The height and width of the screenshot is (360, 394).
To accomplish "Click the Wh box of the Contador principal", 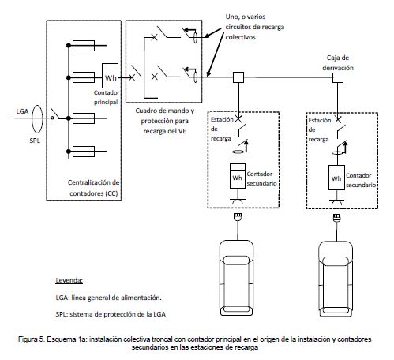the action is point(110,76).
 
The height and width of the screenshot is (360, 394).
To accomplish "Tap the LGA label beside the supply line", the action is point(22,111).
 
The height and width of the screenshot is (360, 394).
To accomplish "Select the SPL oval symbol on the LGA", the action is point(37,119).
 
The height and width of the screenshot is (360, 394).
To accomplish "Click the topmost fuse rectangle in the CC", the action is point(84,46).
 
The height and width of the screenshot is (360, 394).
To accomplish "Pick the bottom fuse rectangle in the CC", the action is point(84,152).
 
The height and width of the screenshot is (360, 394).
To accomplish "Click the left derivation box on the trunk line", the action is point(238,77).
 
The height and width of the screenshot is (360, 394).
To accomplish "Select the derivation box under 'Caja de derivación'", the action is point(338,78).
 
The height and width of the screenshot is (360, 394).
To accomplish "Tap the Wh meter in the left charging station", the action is point(238,176).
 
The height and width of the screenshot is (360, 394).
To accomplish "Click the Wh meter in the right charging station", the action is point(336,178).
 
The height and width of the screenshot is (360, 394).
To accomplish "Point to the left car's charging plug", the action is point(238,216).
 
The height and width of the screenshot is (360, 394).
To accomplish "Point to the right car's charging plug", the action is point(337,217).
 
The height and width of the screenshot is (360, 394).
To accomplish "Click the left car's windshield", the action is point(236,260).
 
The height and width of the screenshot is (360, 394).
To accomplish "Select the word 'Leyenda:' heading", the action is point(69,280).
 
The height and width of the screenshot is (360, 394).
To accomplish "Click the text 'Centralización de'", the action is point(94,182).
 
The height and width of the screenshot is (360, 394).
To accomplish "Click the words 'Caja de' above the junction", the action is point(338,58).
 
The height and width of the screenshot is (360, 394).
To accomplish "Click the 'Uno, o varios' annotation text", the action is point(246,17).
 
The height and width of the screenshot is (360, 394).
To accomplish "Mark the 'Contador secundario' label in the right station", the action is point(361,180).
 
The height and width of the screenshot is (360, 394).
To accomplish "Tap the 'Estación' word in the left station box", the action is point(222,119).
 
